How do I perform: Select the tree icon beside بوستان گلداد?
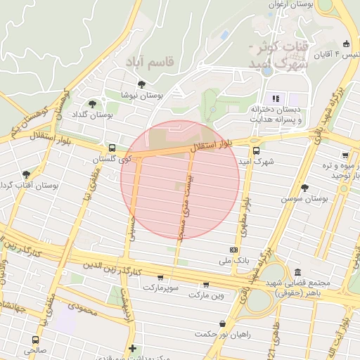tap(92, 104)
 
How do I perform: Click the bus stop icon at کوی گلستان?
tap(112, 148)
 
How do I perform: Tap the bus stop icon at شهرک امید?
tap(256, 150)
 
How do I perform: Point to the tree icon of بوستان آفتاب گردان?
tap(27, 174)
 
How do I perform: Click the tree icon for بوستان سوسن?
tap(304, 188)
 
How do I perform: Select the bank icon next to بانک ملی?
tap(233, 250)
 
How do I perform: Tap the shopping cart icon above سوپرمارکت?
tap(161, 277)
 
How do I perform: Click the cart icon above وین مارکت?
tap(205, 285)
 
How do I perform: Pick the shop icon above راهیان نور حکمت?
tap(223, 323)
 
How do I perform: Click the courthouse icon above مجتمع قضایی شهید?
tap(297, 272)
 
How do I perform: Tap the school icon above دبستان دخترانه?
tap(276, 98)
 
